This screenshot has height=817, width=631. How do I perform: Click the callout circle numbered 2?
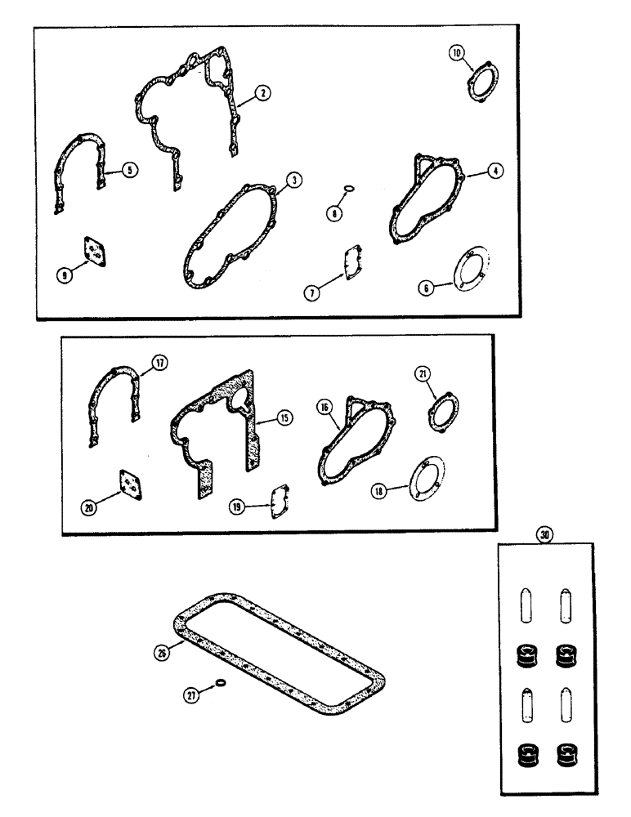click(x=262, y=94)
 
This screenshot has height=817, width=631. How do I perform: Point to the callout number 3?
click(x=289, y=179)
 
